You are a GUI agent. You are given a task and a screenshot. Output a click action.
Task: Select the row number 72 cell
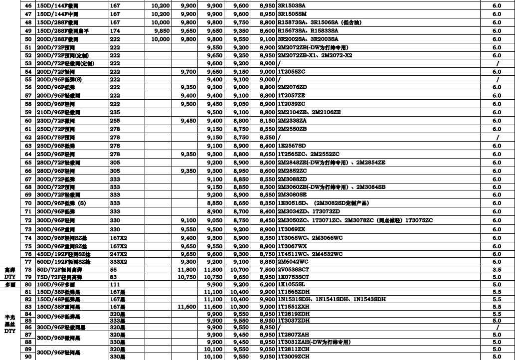[28, 220]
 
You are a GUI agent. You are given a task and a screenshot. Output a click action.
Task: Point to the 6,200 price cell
[267, 285]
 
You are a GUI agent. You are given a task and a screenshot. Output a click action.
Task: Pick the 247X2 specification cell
[119, 254]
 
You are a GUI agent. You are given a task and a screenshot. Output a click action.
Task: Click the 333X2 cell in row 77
[119, 262]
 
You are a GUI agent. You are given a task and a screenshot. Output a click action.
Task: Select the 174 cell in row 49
[115, 31]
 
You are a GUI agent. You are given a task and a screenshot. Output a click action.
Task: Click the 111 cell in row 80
[115, 285]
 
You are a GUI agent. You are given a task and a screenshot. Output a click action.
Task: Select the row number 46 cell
[28, 4]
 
